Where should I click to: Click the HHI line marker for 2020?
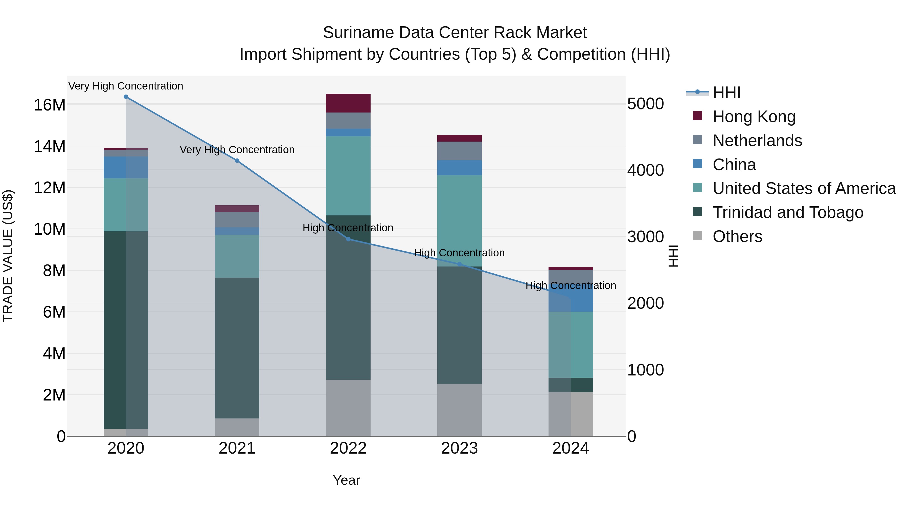pos(126,97)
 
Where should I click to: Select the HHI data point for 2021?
pos(237,161)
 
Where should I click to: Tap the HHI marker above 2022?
pos(348,239)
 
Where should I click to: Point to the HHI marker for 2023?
pos(460,264)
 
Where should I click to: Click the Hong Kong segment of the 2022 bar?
pos(348,103)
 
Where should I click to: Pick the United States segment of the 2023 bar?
pos(460,221)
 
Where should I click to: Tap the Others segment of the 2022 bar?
pos(348,408)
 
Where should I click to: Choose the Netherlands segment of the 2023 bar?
pos(460,151)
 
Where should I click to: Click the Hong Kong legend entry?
pos(754,117)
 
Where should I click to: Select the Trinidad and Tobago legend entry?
pos(788,212)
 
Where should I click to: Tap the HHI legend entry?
pos(726,93)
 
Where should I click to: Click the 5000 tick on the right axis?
pos(645,104)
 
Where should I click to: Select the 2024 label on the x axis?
pos(571,448)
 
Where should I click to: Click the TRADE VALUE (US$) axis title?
pos(8,256)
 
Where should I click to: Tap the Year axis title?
pos(346,480)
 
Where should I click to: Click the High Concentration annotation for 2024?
pos(571,285)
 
